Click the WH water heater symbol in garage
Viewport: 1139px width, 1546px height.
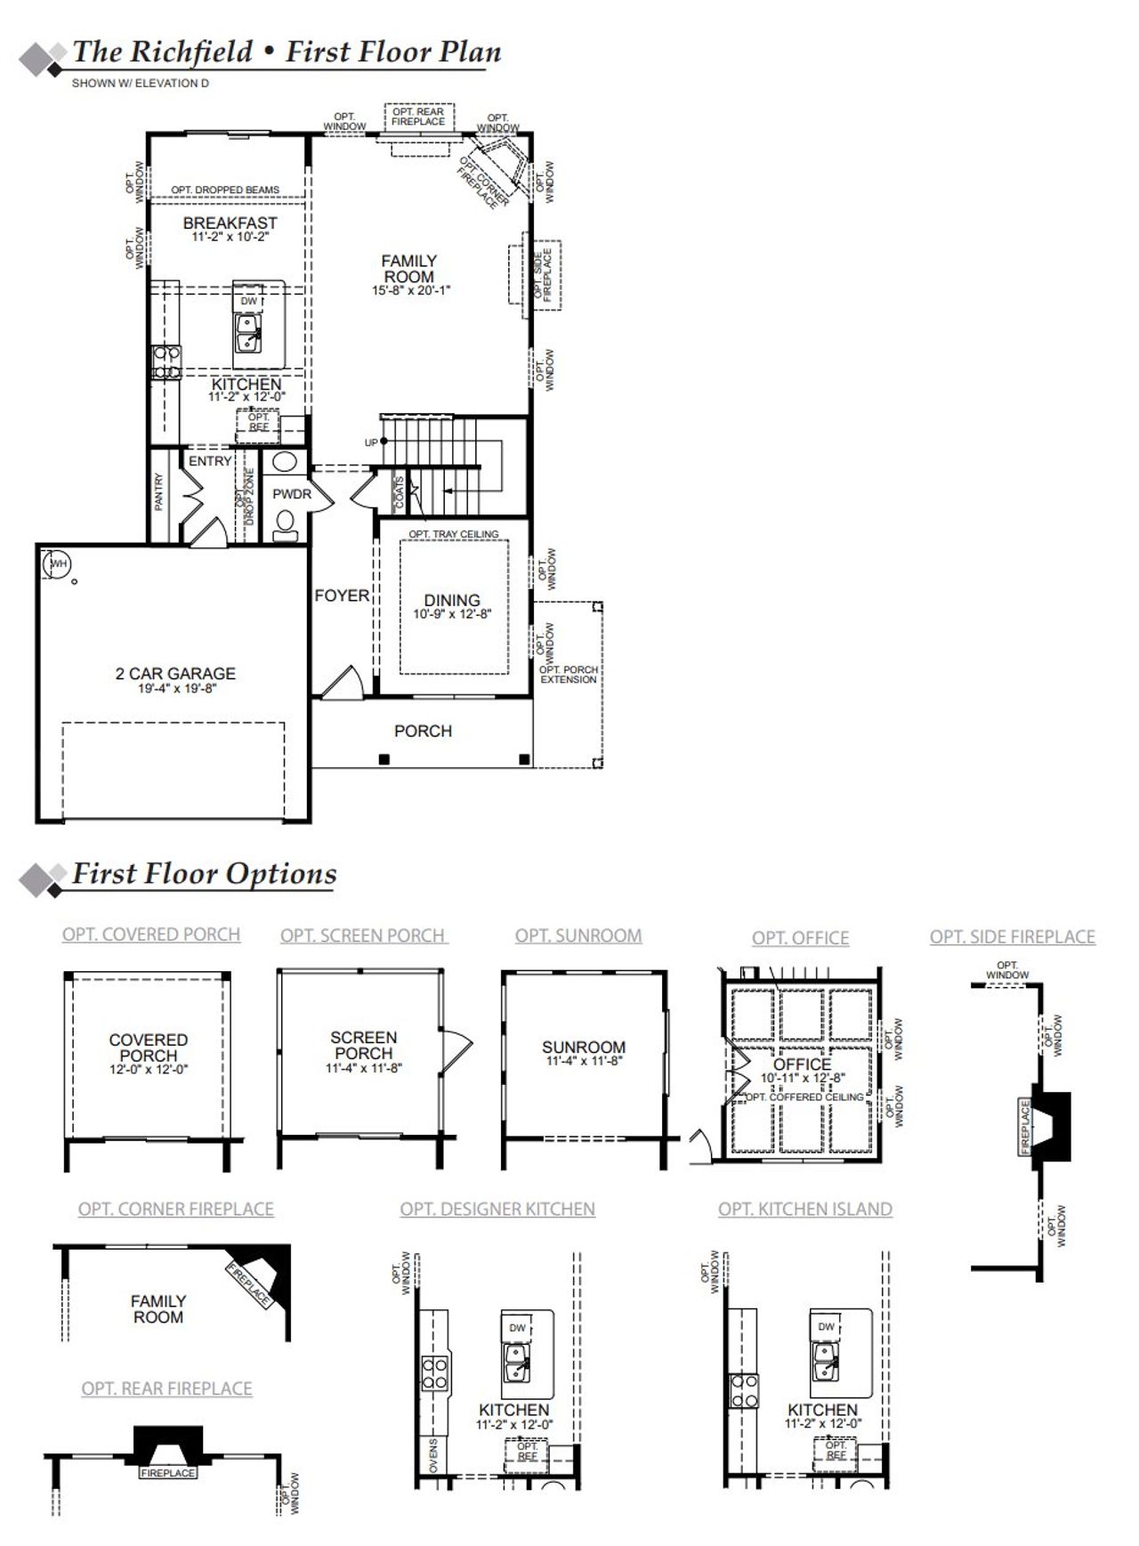click(59, 563)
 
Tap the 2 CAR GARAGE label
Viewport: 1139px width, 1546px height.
click(175, 674)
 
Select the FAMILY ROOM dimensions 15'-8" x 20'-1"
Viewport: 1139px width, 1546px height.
click(410, 290)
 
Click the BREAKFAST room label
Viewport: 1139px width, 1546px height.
click(230, 223)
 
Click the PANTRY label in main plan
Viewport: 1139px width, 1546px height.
click(159, 491)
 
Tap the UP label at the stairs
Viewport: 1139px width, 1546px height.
click(371, 442)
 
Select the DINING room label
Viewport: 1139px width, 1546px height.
click(451, 600)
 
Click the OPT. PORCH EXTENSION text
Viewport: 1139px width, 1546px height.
click(569, 674)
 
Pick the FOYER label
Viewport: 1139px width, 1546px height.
click(342, 595)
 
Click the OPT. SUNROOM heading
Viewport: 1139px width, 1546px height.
click(578, 935)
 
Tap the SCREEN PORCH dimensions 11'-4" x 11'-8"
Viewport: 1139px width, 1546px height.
click(363, 1067)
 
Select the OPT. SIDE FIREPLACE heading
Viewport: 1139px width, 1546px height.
click(1012, 936)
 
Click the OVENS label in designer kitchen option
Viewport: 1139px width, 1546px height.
click(433, 1455)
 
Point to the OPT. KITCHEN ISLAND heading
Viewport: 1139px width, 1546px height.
click(804, 1209)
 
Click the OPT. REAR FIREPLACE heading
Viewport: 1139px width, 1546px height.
click(166, 1388)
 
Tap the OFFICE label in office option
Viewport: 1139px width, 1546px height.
click(802, 1064)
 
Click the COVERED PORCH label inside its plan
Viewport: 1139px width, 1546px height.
click(149, 1047)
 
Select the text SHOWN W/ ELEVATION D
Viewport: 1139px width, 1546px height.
click(140, 84)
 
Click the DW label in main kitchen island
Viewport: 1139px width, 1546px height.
click(249, 301)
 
